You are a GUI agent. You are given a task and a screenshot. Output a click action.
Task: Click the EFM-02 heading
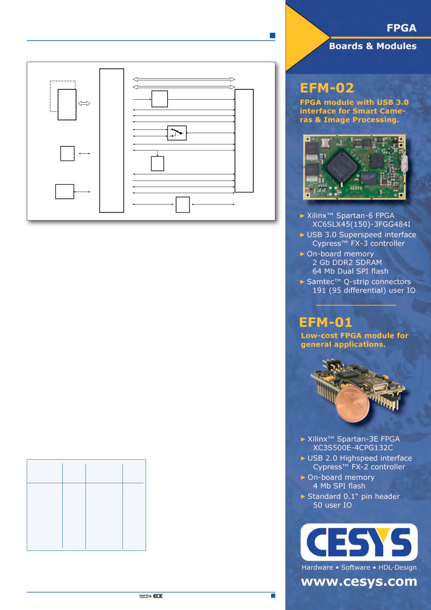coord(327,88)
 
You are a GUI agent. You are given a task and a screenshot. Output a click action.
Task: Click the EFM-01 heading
coord(326,322)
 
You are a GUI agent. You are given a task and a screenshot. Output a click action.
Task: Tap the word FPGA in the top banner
coord(401,28)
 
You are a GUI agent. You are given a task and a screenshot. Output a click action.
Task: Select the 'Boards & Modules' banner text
coord(373,46)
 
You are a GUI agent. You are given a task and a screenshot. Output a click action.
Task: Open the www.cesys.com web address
coord(359,581)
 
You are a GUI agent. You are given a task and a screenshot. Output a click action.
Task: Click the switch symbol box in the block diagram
coord(177,133)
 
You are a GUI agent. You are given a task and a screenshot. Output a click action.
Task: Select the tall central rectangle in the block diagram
coord(112,140)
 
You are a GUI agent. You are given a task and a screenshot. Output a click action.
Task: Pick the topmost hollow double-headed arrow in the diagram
coord(184,79)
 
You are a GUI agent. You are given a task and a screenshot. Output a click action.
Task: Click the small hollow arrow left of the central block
coord(84,104)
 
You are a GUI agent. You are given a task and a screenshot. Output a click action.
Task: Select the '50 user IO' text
coord(332,505)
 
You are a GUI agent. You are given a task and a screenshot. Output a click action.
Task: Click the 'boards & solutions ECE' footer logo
coord(151,596)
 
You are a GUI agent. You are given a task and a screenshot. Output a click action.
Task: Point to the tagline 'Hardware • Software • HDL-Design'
coord(359,567)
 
